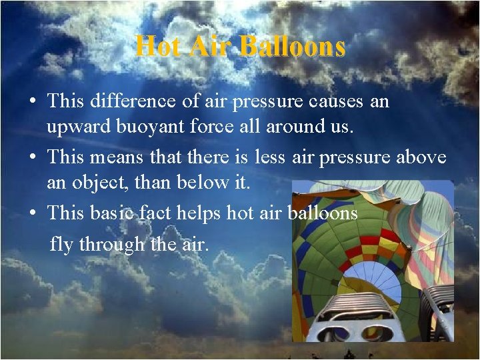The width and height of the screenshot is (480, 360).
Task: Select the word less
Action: pyautogui.click(x=271, y=157)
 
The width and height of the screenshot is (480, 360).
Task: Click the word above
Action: pyautogui.click(x=423, y=157)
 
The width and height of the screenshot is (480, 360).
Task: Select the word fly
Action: pyautogui.click(x=62, y=245)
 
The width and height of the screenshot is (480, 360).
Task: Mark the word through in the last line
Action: pyautogui.click(x=113, y=245)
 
